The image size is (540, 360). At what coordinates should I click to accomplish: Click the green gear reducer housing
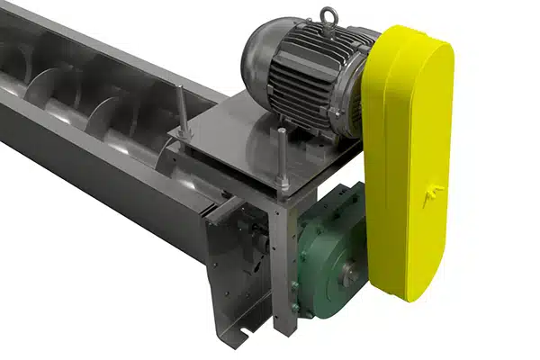click(328, 261)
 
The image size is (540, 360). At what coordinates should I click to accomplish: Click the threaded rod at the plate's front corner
click(283, 162)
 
